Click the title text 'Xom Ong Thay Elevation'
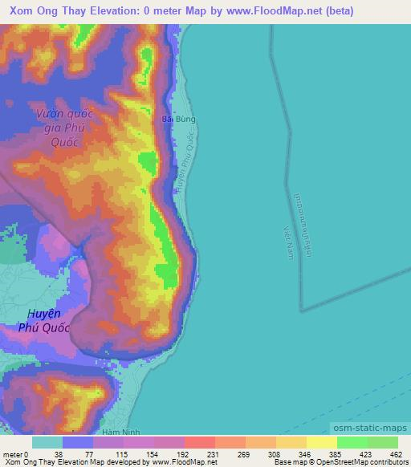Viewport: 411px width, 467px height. point(73,10)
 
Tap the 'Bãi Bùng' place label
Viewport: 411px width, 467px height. point(179,120)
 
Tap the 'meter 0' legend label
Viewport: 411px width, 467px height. point(16,454)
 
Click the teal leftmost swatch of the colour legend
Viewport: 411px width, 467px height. point(47,442)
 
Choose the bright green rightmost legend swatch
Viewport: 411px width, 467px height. point(382,442)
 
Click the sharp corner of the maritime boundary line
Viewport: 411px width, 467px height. point(300,310)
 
